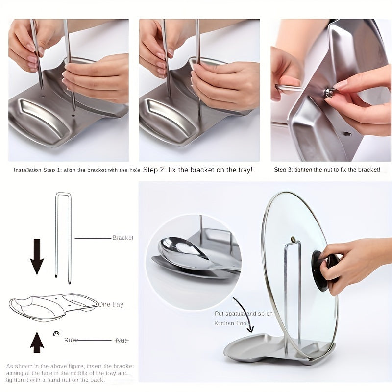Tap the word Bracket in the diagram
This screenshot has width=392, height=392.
[122, 238]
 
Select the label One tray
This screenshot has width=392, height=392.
[111, 304]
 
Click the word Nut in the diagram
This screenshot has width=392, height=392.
[121, 340]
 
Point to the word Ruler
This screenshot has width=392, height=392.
[71, 340]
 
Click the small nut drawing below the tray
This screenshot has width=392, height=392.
[56, 334]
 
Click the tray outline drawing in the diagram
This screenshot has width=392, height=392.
[51, 306]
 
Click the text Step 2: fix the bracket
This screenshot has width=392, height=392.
[197, 170]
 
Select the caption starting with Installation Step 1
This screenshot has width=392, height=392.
[76, 170]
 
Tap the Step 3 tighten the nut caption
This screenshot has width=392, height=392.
[327, 170]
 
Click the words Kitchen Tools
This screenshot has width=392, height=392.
[232, 323]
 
